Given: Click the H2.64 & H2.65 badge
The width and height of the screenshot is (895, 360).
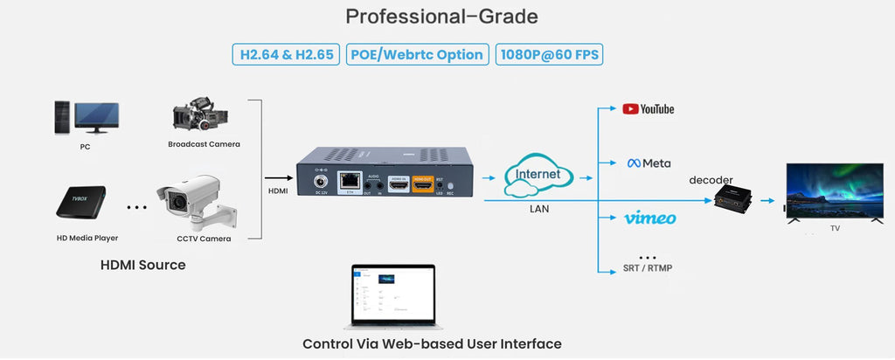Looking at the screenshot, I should (x=286, y=54).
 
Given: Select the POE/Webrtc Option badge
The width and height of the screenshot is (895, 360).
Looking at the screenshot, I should (x=417, y=54).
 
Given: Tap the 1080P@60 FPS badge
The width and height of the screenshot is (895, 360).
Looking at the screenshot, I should (x=550, y=54).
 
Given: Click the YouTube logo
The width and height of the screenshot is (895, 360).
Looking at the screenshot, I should (x=648, y=109).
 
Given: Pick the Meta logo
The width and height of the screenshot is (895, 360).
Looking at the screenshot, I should (x=649, y=163).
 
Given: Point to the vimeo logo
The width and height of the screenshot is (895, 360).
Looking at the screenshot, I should (x=649, y=218).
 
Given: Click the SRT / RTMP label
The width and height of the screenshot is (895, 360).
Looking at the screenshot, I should (x=649, y=267).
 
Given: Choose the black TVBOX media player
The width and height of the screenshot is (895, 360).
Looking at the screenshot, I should (x=81, y=202).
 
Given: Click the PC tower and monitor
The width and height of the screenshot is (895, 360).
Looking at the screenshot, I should (x=85, y=118).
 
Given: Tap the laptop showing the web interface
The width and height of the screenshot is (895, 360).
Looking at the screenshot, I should (x=394, y=295).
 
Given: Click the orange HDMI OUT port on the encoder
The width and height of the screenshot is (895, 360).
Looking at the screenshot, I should (x=423, y=186).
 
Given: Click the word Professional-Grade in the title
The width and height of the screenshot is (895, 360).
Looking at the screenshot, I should (x=441, y=17).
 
